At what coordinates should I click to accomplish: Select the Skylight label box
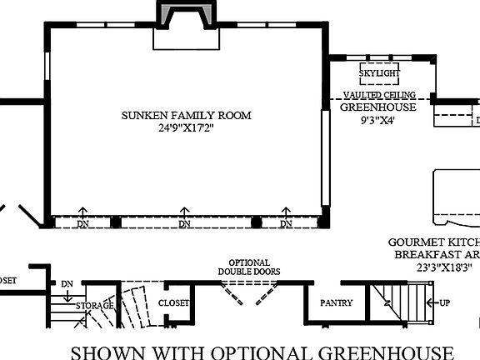click(379, 73)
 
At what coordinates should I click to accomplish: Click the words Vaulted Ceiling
click(380, 96)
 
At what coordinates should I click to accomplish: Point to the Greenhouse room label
click(380, 107)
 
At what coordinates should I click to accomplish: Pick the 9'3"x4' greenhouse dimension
click(379, 119)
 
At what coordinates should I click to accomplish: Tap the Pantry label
click(337, 303)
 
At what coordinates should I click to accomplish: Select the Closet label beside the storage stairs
click(173, 303)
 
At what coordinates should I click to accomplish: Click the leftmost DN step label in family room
click(83, 224)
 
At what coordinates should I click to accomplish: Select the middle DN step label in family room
click(184, 224)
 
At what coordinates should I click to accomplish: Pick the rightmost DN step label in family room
click(286, 224)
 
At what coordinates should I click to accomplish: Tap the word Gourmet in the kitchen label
click(414, 242)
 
